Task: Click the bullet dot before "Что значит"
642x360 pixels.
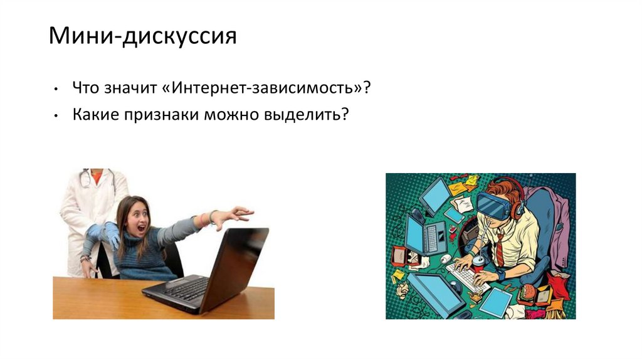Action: tap(57, 89)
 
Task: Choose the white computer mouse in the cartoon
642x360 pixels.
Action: tap(445, 258)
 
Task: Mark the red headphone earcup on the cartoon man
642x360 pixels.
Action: tap(517, 209)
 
